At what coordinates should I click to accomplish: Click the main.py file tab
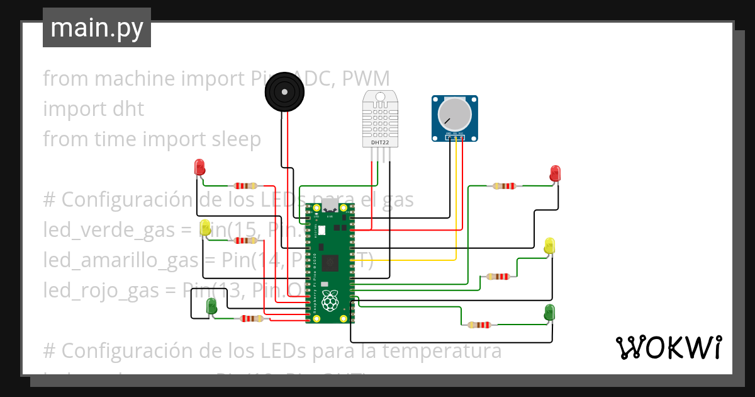coord(96,28)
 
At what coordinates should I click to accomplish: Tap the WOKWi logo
coord(668,347)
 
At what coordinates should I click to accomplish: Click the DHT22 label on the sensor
coord(380,143)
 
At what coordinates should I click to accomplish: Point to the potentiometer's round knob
coord(454,115)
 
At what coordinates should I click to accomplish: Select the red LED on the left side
coord(200,168)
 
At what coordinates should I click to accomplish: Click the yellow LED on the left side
coord(205,227)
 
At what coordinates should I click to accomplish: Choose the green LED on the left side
coord(212,307)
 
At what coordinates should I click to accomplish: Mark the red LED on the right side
coord(555,173)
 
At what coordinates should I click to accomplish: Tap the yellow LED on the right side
coord(549,246)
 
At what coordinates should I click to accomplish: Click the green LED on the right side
coord(550,312)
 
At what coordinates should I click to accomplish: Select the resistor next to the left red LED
coord(245,186)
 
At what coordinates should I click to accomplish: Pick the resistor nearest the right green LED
coord(479,325)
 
